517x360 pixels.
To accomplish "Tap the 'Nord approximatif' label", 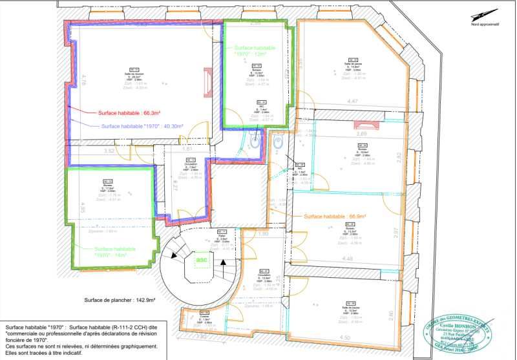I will (x=485, y=25).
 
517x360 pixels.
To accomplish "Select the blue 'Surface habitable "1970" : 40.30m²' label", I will (x=142, y=126).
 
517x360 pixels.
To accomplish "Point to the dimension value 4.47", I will (x=352, y=101).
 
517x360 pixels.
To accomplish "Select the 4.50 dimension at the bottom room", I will (x=345, y=337).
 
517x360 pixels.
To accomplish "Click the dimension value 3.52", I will (x=109, y=151).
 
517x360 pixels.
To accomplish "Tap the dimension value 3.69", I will (x=362, y=134).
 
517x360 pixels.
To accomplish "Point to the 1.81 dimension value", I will (x=188, y=149).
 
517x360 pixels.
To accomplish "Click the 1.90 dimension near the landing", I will (x=263, y=233).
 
